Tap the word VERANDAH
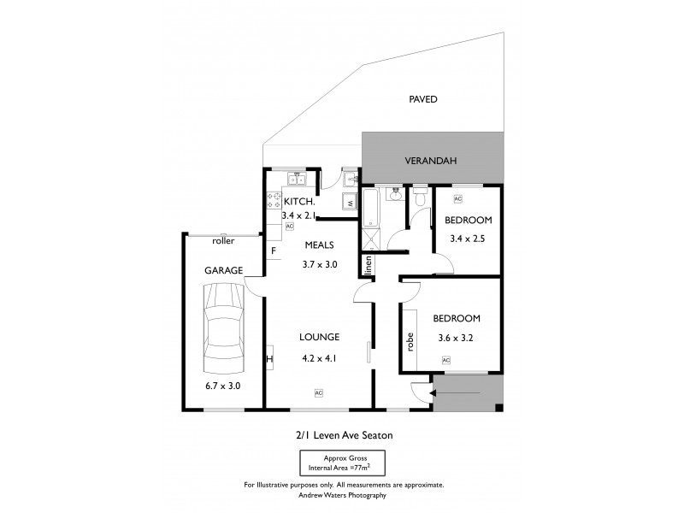point(431,160)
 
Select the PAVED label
point(423,99)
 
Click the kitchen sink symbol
point(296,180)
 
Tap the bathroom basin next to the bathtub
point(394,195)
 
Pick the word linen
point(369,265)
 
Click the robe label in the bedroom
point(410,342)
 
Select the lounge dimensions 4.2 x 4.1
point(318,359)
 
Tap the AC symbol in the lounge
point(318,392)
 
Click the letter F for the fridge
point(274,251)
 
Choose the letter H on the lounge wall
point(269,359)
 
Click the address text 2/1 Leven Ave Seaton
point(343,435)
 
